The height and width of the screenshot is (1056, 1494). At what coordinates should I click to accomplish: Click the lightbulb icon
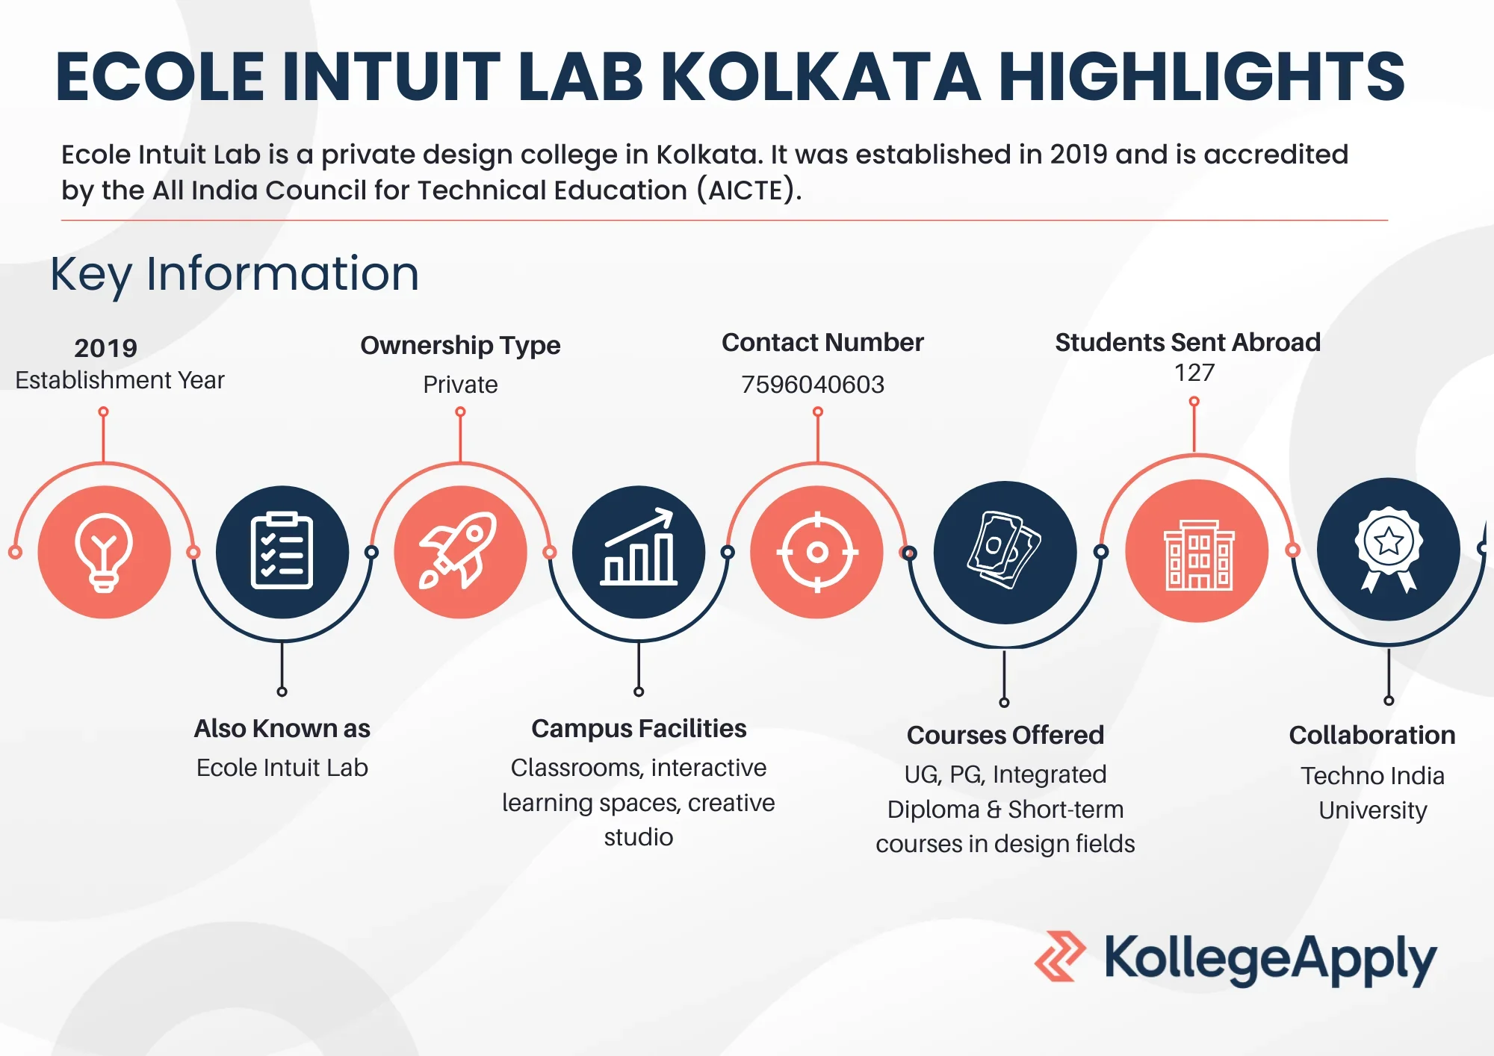click(x=104, y=553)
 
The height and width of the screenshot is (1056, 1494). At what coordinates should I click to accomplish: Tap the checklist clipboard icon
click(x=282, y=551)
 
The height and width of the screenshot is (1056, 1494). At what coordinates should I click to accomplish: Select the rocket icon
click(x=458, y=551)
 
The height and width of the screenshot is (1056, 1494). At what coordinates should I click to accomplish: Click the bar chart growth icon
click(x=639, y=547)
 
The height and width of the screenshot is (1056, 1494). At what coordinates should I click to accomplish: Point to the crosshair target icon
click(x=817, y=553)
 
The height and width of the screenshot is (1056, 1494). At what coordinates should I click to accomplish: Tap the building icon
click(x=1198, y=555)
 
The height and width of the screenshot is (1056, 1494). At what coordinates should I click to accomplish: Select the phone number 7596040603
click(x=813, y=385)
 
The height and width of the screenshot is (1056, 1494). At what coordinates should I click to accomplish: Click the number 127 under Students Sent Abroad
click(x=1194, y=372)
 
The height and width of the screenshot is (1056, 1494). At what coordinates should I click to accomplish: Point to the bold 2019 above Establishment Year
click(x=105, y=348)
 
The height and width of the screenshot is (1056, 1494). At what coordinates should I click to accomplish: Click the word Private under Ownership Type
click(x=460, y=385)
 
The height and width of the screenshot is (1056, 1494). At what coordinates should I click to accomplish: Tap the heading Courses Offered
click(x=1005, y=735)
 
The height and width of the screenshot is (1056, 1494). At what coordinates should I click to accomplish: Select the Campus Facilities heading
click(x=639, y=728)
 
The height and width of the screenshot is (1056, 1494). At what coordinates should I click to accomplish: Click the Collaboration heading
click(x=1372, y=735)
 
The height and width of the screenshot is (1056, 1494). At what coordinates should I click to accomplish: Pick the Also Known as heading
click(x=282, y=728)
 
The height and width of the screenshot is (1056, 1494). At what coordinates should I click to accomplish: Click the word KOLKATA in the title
click(x=820, y=76)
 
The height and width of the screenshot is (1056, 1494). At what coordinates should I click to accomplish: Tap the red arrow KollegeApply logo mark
click(x=1060, y=956)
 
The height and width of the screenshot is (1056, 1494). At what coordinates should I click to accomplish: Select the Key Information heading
click(x=235, y=274)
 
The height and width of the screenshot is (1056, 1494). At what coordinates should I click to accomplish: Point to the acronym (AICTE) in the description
click(x=748, y=190)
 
